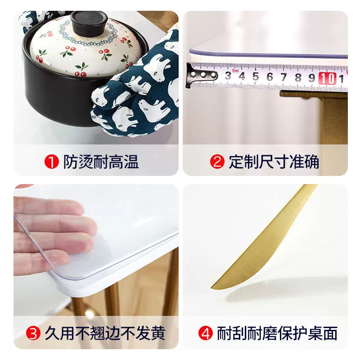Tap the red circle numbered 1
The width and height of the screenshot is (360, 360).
[x=52, y=162]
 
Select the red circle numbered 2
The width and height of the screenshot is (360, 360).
[x=217, y=162]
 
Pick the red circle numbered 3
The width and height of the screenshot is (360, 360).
[x=33, y=333]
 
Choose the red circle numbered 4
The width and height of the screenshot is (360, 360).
[x=205, y=333]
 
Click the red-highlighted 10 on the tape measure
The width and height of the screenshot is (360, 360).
[x=328, y=78]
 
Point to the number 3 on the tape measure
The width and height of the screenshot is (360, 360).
[x=228, y=76]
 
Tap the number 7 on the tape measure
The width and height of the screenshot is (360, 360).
[x=284, y=77]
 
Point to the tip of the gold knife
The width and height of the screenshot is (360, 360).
[x=212, y=288]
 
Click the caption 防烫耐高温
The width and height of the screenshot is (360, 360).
[x=101, y=162]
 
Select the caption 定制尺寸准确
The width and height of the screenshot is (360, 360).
[x=274, y=162]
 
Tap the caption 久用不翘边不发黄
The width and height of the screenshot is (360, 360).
[x=105, y=333]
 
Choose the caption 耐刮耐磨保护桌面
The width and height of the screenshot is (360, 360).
[x=277, y=333]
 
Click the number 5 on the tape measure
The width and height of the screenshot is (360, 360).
[x=256, y=76]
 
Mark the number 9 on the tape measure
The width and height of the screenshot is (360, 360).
[x=312, y=78]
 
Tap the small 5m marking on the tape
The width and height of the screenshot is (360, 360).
[x=235, y=71]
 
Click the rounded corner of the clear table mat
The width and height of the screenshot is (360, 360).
[x=54, y=273]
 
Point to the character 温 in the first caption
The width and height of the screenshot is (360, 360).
[x=131, y=162]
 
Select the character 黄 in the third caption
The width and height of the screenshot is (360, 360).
[x=158, y=333]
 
